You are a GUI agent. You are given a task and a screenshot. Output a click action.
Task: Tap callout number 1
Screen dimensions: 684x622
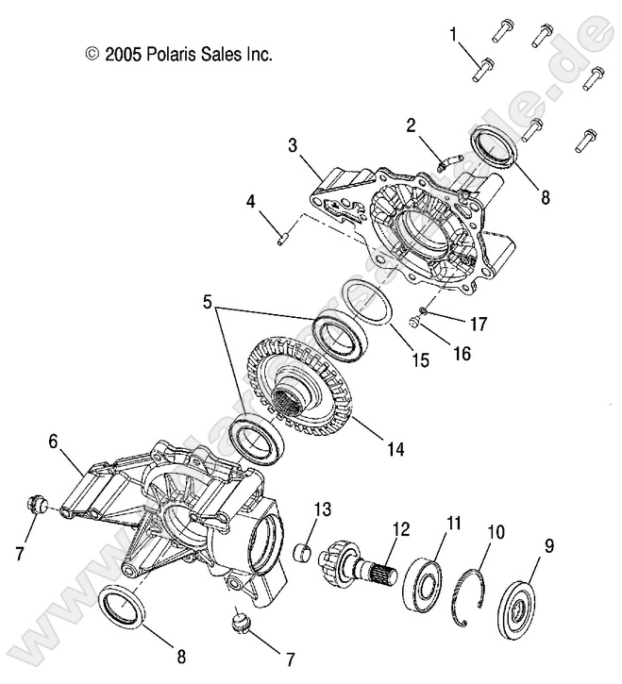(x=454, y=35)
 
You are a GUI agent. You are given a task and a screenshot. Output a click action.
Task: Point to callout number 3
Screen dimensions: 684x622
(x=294, y=146)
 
